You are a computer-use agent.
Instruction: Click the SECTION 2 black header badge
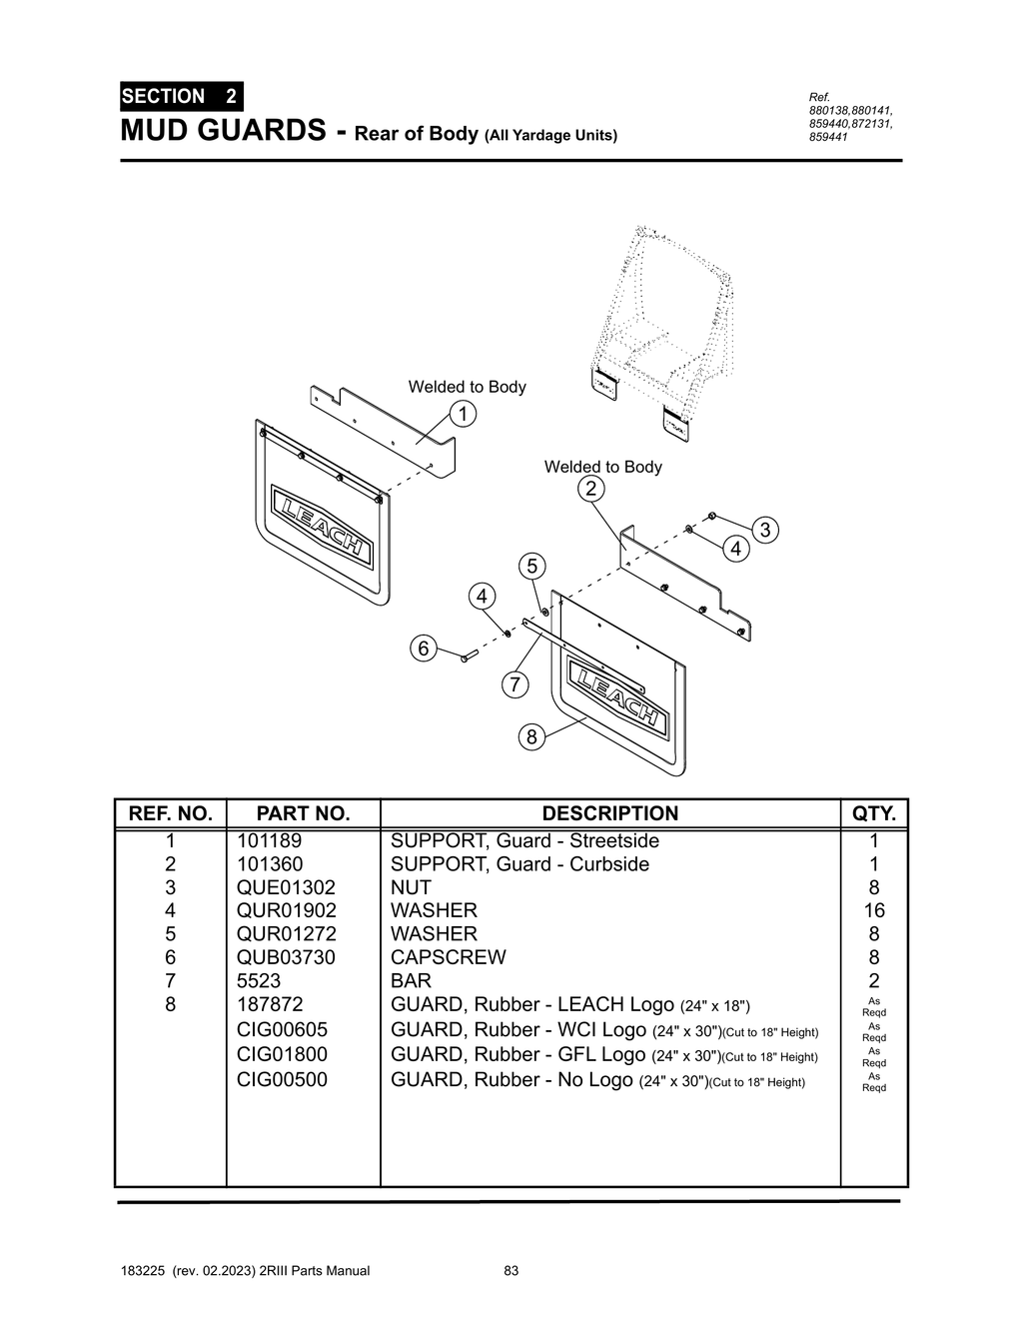coord(180,97)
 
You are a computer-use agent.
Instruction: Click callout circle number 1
coord(463,414)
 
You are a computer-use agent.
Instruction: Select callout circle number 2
coord(590,489)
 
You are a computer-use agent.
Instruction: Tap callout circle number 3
coord(764,530)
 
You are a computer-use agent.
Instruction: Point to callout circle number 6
coord(424,649)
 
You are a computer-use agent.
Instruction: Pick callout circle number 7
coord(514,684)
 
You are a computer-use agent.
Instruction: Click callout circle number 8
coord(531,737)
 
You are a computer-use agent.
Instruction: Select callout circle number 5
coord(532,567)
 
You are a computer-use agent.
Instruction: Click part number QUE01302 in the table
coord(286,887)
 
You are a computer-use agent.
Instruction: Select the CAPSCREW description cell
coord(448,957)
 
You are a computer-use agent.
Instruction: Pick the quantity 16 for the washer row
coord(874,910)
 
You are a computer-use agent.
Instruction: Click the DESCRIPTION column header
coord(609,813)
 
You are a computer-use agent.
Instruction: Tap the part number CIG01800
coord(282,1054)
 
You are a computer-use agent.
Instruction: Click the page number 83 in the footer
coord(511,1271)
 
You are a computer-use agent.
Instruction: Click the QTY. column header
coord(874,813)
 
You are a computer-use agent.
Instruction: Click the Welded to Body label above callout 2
coord(602,467)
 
